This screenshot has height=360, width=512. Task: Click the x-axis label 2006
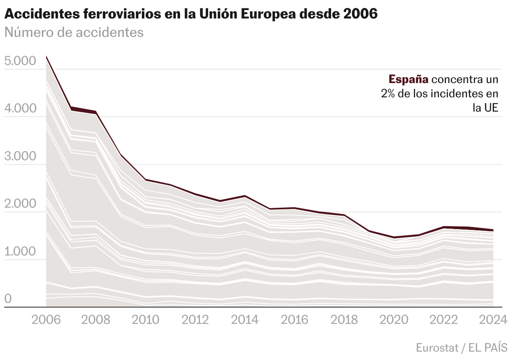tap(47, 320)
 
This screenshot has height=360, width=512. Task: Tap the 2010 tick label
tap(146, 320)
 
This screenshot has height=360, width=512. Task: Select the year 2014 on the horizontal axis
tap(245, 320)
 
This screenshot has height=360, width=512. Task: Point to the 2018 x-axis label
tap(344, 320)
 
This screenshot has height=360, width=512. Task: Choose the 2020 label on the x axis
tap(394, 320)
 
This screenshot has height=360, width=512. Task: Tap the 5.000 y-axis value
tap(20, 61)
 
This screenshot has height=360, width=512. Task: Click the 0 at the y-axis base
tap(8, 299)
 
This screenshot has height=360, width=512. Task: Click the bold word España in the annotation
tap(409, 79)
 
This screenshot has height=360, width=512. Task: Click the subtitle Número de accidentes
tap(74, 32)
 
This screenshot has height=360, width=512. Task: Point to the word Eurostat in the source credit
tap(436, 347)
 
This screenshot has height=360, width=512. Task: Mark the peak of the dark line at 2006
tap(47, 56)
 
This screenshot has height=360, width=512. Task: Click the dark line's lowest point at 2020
tap(394, 237)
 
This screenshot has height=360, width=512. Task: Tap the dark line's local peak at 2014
tap(245, 196)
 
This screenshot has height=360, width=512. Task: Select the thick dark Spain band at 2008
tap(96, 112)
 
